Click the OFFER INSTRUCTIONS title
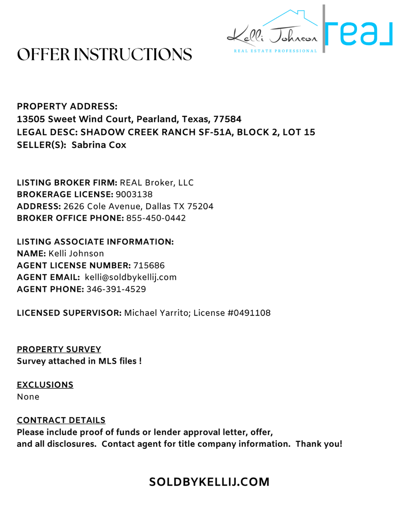coord(105,55)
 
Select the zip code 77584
coord(227,120)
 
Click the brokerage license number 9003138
coord(134,194)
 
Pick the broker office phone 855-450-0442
coord(156,218)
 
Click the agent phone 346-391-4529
coord(116,289)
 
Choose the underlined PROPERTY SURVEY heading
coord(59,349)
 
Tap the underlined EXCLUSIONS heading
coord(45,384)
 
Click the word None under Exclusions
coord(28,397)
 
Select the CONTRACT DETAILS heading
coord(61,420)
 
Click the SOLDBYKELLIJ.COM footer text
coord(209,482)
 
